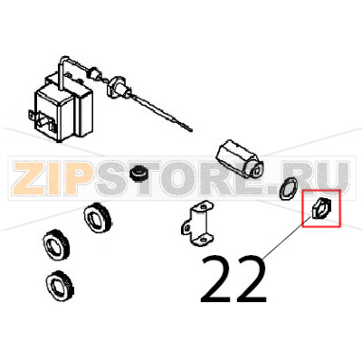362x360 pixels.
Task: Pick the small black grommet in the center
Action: tap(140, 172)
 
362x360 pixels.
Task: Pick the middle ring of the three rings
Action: tap(56, 244)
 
